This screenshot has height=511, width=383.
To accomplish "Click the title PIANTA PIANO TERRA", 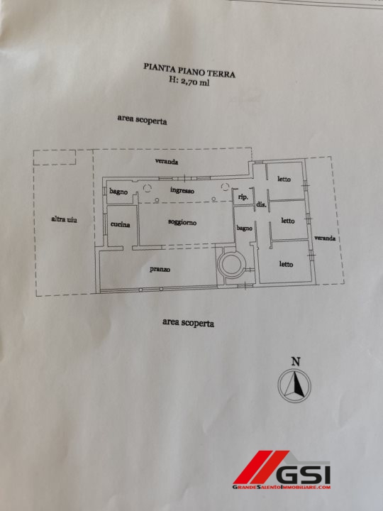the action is (189, 70).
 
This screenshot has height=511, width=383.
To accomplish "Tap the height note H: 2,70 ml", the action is (189, 81).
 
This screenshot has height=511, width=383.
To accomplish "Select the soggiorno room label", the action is (182, 222).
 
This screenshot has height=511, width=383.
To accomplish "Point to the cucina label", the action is (120, 224).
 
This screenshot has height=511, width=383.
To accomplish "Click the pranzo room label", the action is (160, 269).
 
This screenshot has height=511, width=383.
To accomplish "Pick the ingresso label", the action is (182, 190).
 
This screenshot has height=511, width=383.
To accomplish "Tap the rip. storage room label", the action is (243, 197).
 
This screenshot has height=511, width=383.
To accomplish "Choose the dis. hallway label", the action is (261, 204).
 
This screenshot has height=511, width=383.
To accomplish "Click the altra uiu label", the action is (64, 219).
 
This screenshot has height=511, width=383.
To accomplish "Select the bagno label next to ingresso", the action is (118, 192).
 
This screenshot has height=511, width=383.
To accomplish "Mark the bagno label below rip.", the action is (244, 228).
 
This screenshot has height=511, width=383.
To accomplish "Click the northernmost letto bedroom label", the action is (284, 179).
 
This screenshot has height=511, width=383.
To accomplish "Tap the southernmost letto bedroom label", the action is (286, 264).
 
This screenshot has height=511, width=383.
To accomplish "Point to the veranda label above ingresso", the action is (167, 161).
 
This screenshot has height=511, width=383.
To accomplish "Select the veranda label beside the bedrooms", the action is (325, 238).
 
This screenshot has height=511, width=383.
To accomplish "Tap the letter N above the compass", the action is (296, 361).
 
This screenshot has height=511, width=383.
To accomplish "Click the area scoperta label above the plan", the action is (142, 120).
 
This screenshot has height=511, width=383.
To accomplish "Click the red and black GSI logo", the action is (282, 470).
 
